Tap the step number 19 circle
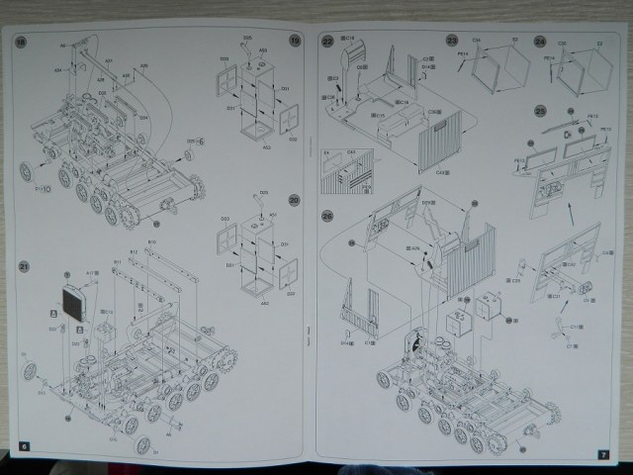[294, 41]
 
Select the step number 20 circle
[294, 200]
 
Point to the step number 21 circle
[22, 265]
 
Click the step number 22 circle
[327, 41]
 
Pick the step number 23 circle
[452, 42]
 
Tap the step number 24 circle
[539, 42]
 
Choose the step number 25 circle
[540, 110]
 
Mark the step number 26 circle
[327, 216]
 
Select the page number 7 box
[602, 453]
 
